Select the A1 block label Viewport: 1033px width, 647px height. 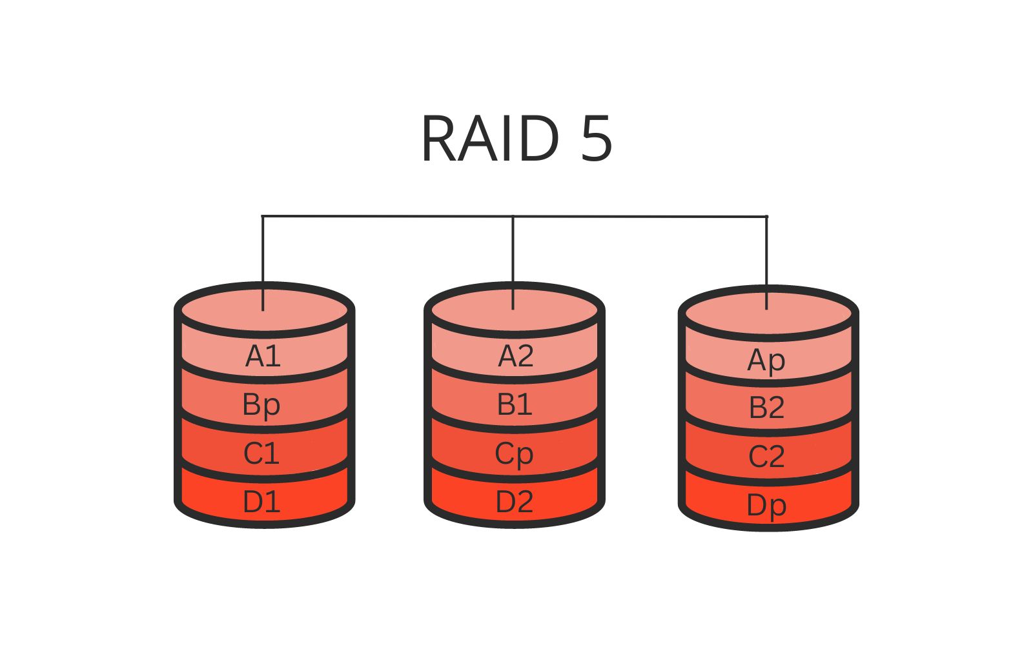[x=263, y=356]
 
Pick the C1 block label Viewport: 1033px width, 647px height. [x=261, y=453]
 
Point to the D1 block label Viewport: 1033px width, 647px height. [x=261, y=502]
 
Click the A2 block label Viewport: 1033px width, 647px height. [x=515, y=356]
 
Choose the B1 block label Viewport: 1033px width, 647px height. [x=515, y=404]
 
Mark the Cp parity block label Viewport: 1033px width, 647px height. [x=514, y=454]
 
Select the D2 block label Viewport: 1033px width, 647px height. [x=515, y=502]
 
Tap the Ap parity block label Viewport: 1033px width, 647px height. [x=766, y=360]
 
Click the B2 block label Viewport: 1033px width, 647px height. [x=766, y=408]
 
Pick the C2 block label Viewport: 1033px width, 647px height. [x=766, y=457]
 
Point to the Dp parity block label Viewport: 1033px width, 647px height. [x=766, y=506]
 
